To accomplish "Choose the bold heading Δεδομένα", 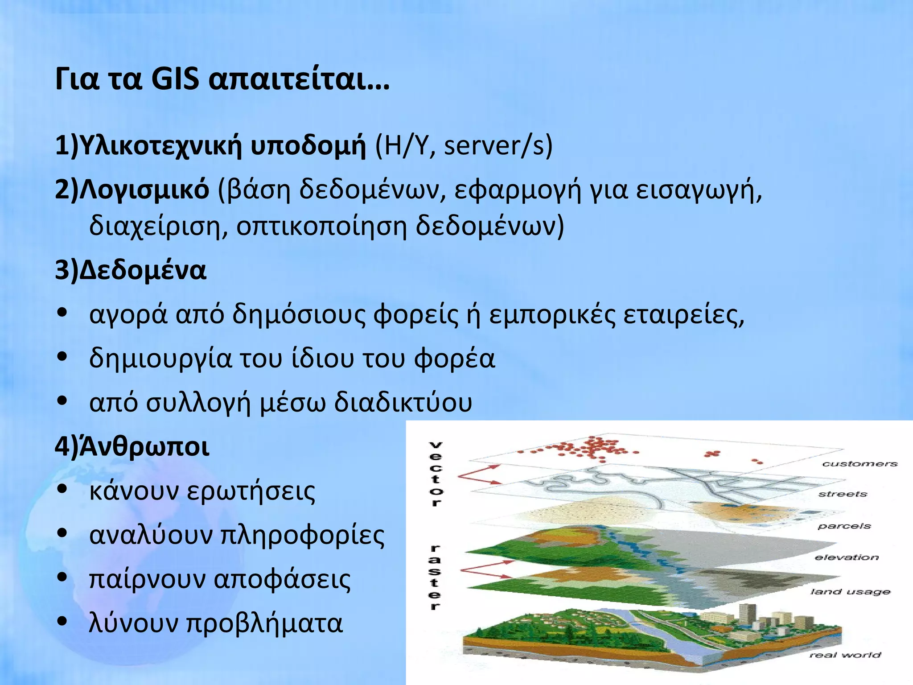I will [x=143, y=270].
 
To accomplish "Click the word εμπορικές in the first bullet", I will [x=551, y=314].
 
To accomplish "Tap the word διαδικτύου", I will [x=403, y=402].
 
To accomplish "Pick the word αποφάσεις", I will [x=282, y=579].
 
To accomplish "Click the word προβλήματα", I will [x=264, y=623].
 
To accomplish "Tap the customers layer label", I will [x=859, y=464].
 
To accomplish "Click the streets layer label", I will [x=842, y=494].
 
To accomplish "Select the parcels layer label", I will [x=844, y=526].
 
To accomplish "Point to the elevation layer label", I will [x=846, y=557].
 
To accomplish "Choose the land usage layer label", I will [x=850, y=592].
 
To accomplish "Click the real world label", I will [x=845, y=655].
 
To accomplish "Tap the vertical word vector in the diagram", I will [x=436, y=474].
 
